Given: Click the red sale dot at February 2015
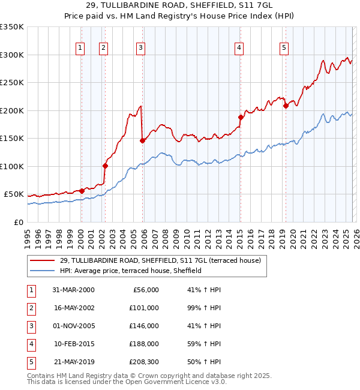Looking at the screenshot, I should tap(241, 118).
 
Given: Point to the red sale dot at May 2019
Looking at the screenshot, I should tap(286, 106).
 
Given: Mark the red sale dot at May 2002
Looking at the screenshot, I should tap(105, 166).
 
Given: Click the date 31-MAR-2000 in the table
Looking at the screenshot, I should tap(73, 290).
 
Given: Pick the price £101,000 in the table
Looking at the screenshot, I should tap(145, 308).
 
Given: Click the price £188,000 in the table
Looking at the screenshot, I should tap(145, 344).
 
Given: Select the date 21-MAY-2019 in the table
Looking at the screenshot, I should tap(73, 362).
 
